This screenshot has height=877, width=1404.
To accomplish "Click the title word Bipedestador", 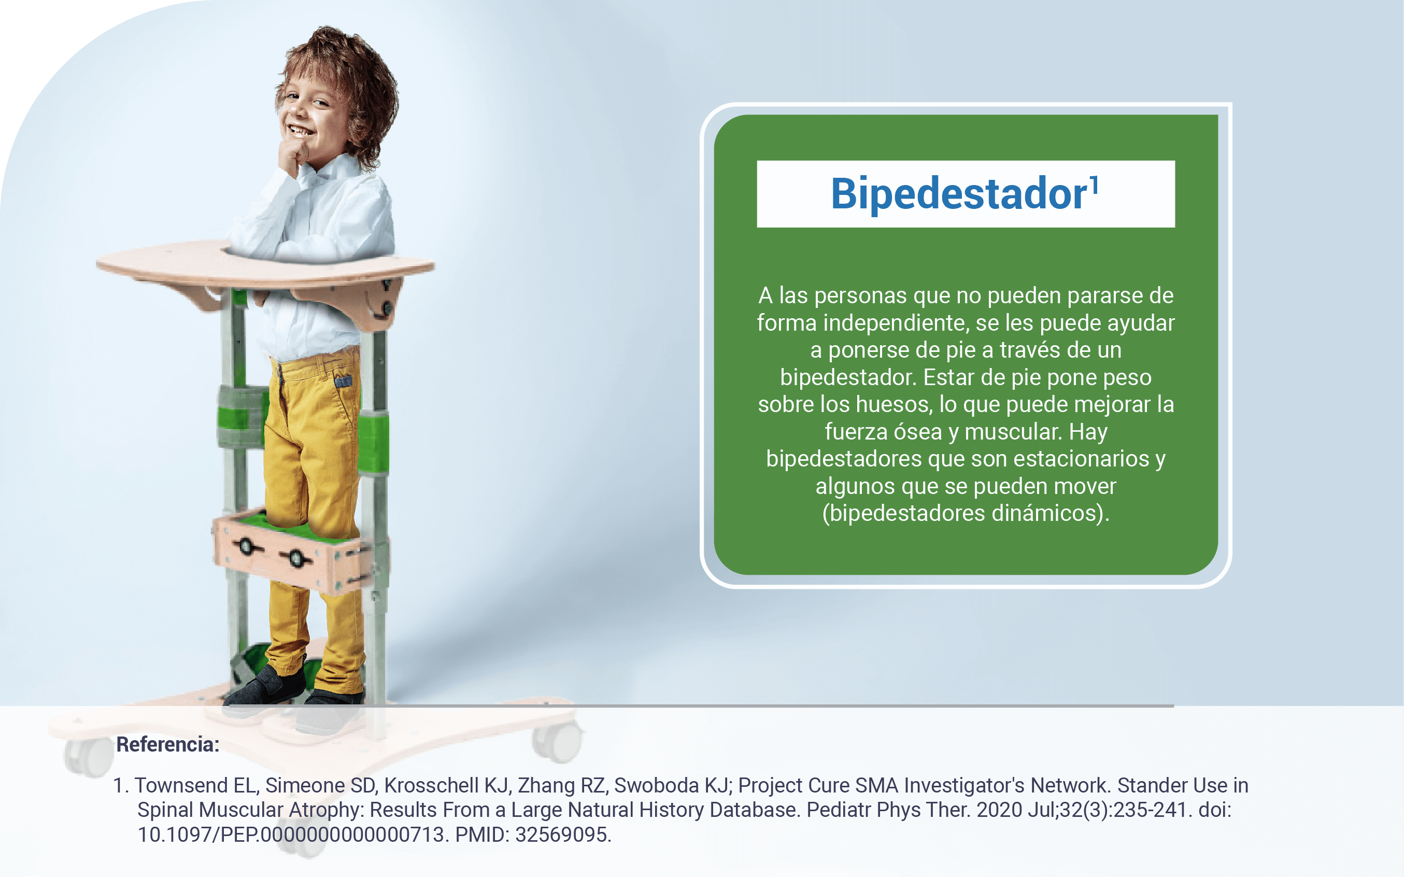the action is coord(959,194).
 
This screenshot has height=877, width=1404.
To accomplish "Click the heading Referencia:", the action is coord(168,745).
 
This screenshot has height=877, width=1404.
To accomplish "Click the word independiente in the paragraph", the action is coord(896,322).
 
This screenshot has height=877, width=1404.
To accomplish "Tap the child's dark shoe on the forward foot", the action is coord(267,684).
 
